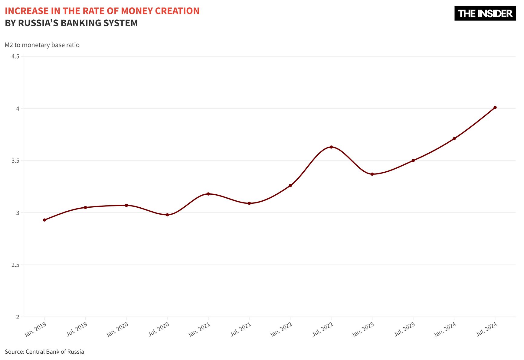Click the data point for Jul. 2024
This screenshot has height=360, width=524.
[x=495, y=107]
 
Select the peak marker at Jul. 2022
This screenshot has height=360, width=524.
[x=331, y=147]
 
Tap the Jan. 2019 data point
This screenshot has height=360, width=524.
[x=44, y=220]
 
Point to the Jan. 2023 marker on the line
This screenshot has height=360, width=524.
[x=372, y=174]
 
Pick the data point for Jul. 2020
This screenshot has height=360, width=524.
[x=167, y=215]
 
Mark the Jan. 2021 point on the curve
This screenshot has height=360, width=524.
[x=208, y=194]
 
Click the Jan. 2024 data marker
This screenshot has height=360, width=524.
[x=454, y=139]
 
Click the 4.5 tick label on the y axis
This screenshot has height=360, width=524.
[x=15, y=57]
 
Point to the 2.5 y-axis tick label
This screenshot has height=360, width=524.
[x=15, y=265]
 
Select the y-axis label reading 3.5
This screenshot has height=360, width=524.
[x=15, y=161]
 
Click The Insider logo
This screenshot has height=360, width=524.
[x=485, y=14]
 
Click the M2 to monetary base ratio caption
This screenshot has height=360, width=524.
[x=42, y=45]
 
